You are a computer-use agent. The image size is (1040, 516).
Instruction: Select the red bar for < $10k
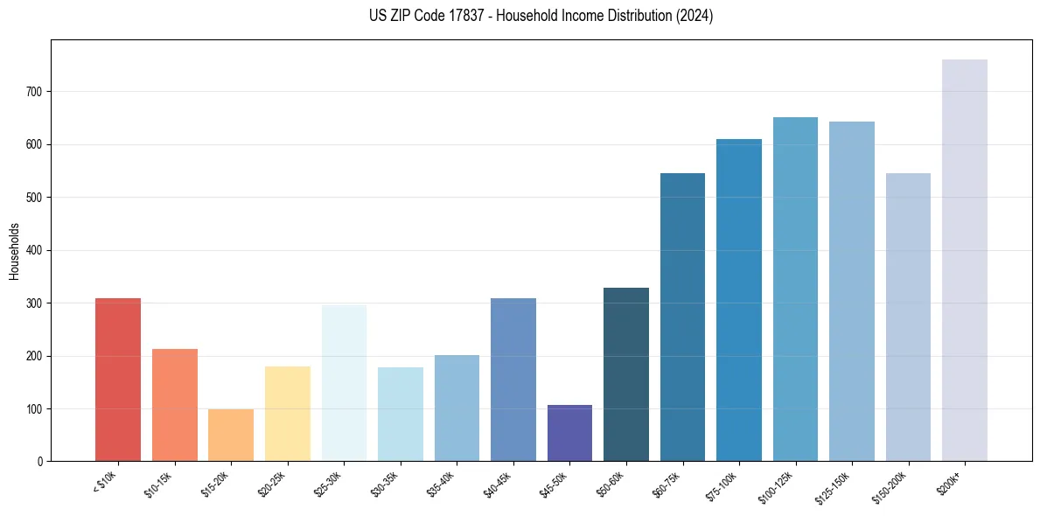[x=118, y=380]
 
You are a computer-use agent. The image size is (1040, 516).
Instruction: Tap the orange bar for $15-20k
[x=231, y=435]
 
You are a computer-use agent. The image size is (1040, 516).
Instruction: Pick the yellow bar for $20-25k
[x=287, y=414]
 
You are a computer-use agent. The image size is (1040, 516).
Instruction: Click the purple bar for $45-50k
[x=569, y=433]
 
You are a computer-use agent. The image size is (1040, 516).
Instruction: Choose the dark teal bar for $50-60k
[x=626, y=374]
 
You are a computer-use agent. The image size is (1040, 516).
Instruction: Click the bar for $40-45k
[x=513, y=380]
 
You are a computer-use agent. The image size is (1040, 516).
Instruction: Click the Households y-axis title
[x=14, y=251]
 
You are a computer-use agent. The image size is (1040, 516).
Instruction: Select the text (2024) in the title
[x=695, y=16]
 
